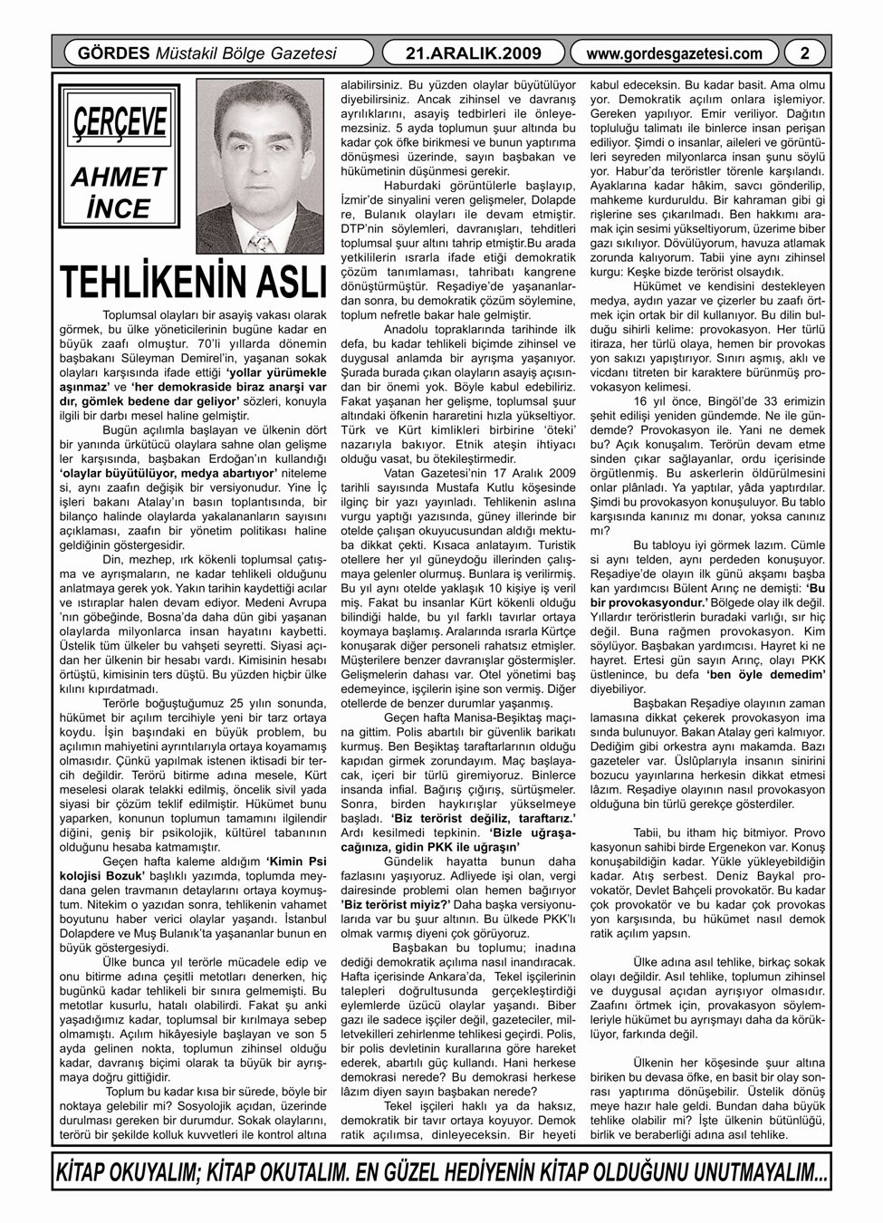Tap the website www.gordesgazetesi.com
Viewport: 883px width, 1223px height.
(x=675, y=53)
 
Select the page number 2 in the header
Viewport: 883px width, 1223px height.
(x=804, y=53)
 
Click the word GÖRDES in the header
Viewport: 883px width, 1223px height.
(x=104, y=53)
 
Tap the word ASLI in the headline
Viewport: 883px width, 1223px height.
(x=282, y=281)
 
